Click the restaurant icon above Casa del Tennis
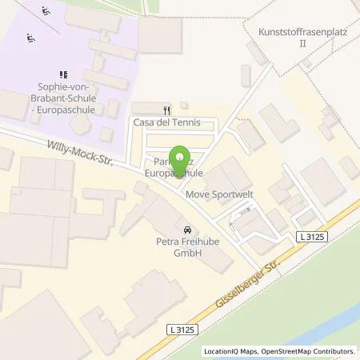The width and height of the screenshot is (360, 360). [x=166, y=110]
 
